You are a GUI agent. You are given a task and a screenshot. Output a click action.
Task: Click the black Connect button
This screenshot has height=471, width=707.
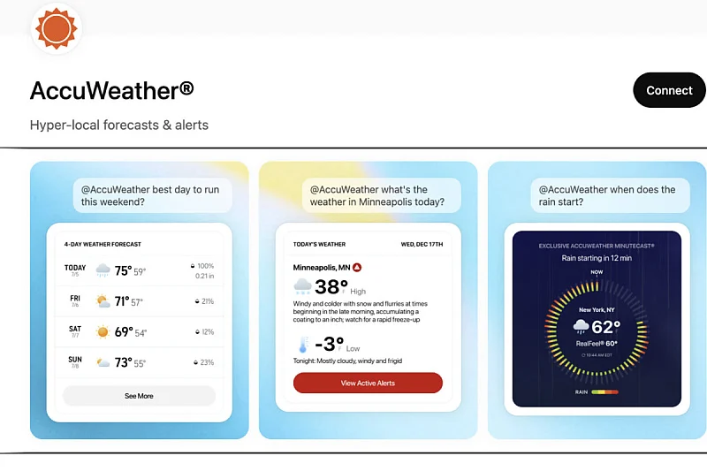click(x=669, y=90)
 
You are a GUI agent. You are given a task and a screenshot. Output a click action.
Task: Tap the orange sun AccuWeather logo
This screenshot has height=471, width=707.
click(x=57, y=28)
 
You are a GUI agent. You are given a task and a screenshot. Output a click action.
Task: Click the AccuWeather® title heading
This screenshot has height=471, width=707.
click(x=112, y=90)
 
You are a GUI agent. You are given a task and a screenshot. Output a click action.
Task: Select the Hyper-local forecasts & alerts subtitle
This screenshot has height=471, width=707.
click(x=119, y=125)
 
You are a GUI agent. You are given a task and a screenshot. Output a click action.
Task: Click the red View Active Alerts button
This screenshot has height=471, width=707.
click(x=368, y=383)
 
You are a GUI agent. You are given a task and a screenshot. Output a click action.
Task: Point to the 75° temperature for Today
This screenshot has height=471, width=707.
click(x=123, y=271)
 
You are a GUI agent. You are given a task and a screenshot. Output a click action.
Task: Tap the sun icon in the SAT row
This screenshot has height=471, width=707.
click(x=103, y=332)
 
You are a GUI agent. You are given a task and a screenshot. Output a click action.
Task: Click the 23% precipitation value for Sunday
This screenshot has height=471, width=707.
click(x=207, y=362)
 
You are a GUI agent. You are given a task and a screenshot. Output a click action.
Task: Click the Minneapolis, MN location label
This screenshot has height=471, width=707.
click(x=322, y=266)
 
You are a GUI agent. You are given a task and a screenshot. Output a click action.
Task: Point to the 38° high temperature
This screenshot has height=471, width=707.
click(x=331, y=286)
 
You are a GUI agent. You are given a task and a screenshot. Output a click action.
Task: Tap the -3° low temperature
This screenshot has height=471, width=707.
click(x=329, y=345)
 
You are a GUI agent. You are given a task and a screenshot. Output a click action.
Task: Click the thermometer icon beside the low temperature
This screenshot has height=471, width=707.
click(x=303, y=346)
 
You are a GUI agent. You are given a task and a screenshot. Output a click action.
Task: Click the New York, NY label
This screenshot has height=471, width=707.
click(x=597, y=310)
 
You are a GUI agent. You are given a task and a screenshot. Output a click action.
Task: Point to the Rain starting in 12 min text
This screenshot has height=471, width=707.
click(x=597, y=258)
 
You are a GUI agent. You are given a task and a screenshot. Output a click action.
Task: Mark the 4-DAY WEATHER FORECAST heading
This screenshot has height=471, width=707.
click(x=103, y=244)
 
